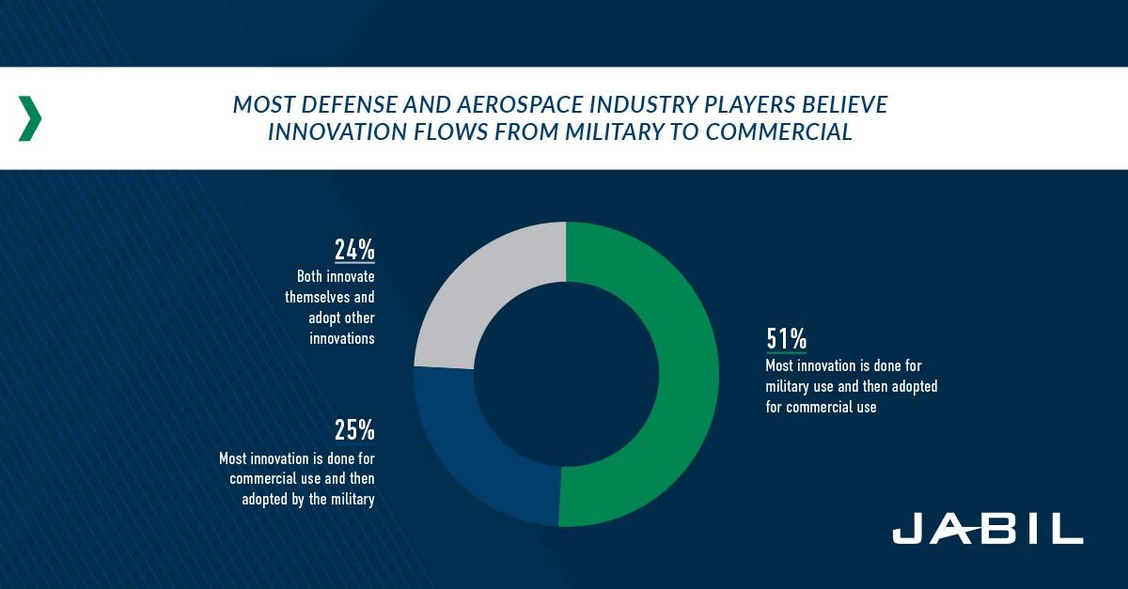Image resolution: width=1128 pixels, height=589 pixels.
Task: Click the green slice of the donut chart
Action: point(672,376)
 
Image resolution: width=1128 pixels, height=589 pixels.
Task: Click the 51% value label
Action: point(787,338)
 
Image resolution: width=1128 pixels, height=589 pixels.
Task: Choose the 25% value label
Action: point(354,430)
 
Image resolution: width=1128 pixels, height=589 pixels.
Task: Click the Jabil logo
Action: point(987,530)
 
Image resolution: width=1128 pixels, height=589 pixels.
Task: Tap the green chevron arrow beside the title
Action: point(30,118)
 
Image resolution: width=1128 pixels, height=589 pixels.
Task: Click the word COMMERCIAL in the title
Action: point(779,132)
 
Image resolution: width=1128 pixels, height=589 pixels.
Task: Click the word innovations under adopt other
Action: point(342,337)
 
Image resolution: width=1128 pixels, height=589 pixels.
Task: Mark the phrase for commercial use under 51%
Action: point(821,407)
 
